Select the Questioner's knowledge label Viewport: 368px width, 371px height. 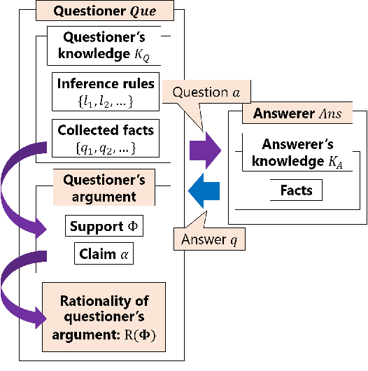click(x=104, y=45)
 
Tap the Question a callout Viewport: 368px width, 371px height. click(x=200, y=92)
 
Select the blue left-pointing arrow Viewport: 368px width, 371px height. click(x=206, y=190)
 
